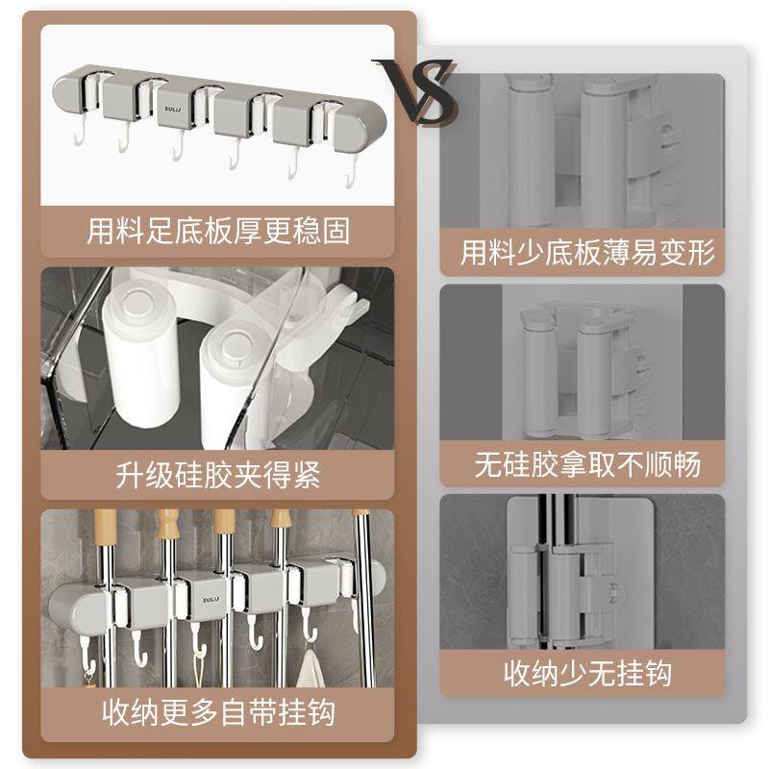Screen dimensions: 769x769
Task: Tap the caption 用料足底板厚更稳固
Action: pyautogui.click(x=219, y=231)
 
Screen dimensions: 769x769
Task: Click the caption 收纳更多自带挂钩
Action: pyautogui.click(x=219, y=713)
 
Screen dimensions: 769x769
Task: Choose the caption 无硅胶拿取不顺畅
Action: pyautogui.click(x=587, y=464)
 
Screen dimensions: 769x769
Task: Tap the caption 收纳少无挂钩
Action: pyautogui.click(x=587, y=673)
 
